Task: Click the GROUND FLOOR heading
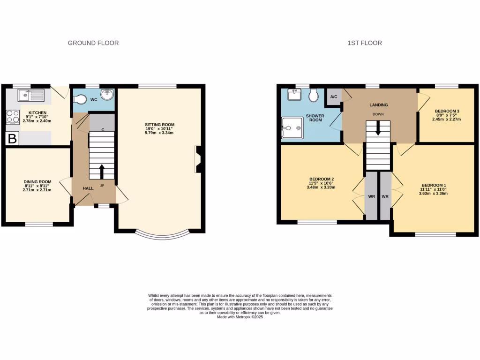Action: click(93, 43)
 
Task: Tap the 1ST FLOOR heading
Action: click(365, 43)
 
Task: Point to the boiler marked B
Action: click(12, 138)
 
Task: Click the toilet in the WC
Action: click(81, 99)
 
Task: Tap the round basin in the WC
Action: click(106, 94)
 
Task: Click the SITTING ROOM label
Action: click(159, 125)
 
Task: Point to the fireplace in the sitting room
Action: click(198, 159)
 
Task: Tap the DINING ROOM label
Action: click(37, 182)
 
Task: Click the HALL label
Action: click(88, 188)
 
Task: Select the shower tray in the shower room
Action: click(291, 127)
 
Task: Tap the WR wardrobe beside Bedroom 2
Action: click(371, 196)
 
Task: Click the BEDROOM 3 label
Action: click(447, 111)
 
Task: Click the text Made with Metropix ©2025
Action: click(240, 317)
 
